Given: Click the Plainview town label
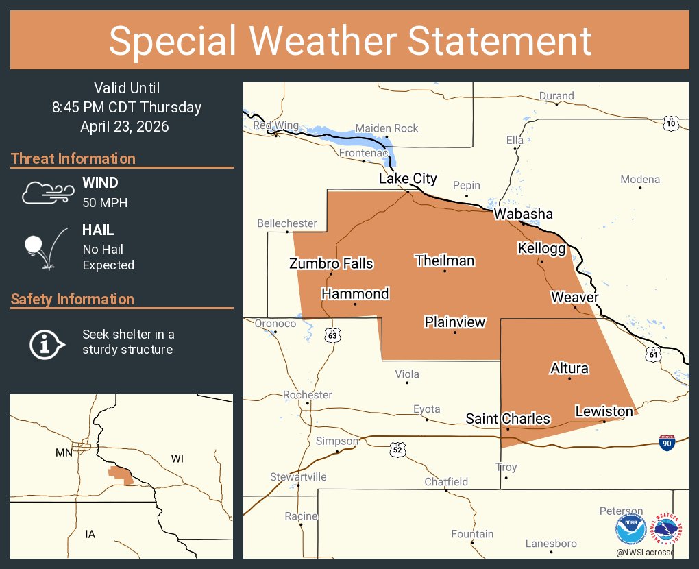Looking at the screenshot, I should (x=455, y=322).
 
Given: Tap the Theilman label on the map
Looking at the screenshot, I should (x=445, y=261).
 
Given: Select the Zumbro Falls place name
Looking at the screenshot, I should (x=331, y=263).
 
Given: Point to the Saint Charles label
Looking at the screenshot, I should (x=508, y=418).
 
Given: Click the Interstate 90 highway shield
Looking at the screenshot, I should (x=667, y=442).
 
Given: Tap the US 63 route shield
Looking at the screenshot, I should (x=332, y=335).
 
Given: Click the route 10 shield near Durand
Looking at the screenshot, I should (x=671, y=123).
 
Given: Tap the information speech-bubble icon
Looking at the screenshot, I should (x=46, y=343).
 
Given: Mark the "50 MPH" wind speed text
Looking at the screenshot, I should (x=105, y=203).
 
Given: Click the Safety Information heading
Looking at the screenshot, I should (x=73, y=300).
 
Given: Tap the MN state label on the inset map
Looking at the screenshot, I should (x=64, y=452).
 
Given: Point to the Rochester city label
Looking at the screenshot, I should (x=308, y=395).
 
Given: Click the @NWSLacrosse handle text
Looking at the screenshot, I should (x=645, y=553).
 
